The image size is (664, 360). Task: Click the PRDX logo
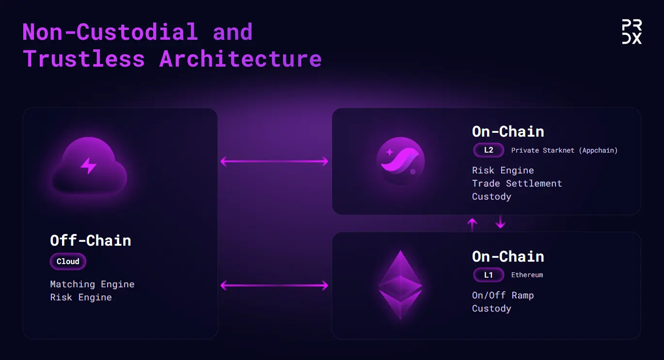coord(632,31)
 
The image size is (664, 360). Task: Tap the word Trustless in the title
coord(84,59)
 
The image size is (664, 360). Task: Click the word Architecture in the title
coord(240,59)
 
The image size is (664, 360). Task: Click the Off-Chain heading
coord(91,240)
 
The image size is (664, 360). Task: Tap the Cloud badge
coord(68,261)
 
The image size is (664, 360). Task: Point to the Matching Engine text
coord(92,284)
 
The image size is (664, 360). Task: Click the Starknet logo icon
coord(400,161)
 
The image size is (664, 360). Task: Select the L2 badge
coord(489,150)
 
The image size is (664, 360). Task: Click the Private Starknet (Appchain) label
coord(564,150)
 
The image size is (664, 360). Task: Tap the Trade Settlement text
coord(517,184)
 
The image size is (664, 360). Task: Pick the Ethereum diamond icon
coord(400,285)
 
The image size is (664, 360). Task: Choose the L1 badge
coord(489,275)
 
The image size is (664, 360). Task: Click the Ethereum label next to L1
coord(527,275)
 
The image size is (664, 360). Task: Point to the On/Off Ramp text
coord(503,296)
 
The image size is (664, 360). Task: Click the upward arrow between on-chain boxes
coord(472,224)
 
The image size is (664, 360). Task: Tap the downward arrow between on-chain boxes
coord(501,222)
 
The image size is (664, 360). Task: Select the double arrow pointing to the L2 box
coord(274,161)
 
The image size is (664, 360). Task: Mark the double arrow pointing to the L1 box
coord(274,285)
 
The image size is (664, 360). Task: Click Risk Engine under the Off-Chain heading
coord(81,297)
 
